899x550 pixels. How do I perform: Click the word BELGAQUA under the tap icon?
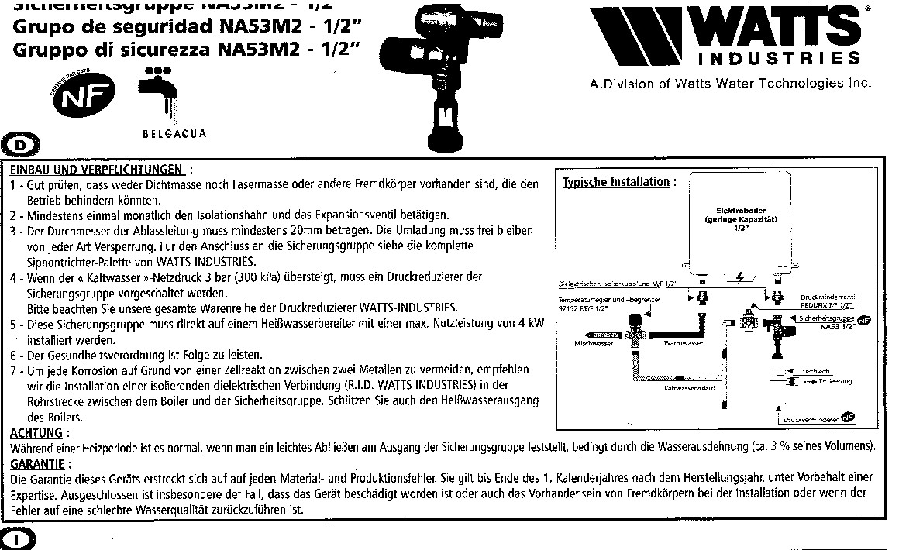point(174,133)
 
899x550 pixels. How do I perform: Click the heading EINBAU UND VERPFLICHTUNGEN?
point(97,169)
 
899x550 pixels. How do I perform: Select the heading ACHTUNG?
point(38,432)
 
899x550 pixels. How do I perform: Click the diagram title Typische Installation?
point(615,182)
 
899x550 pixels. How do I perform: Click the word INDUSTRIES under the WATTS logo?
point(779,60)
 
